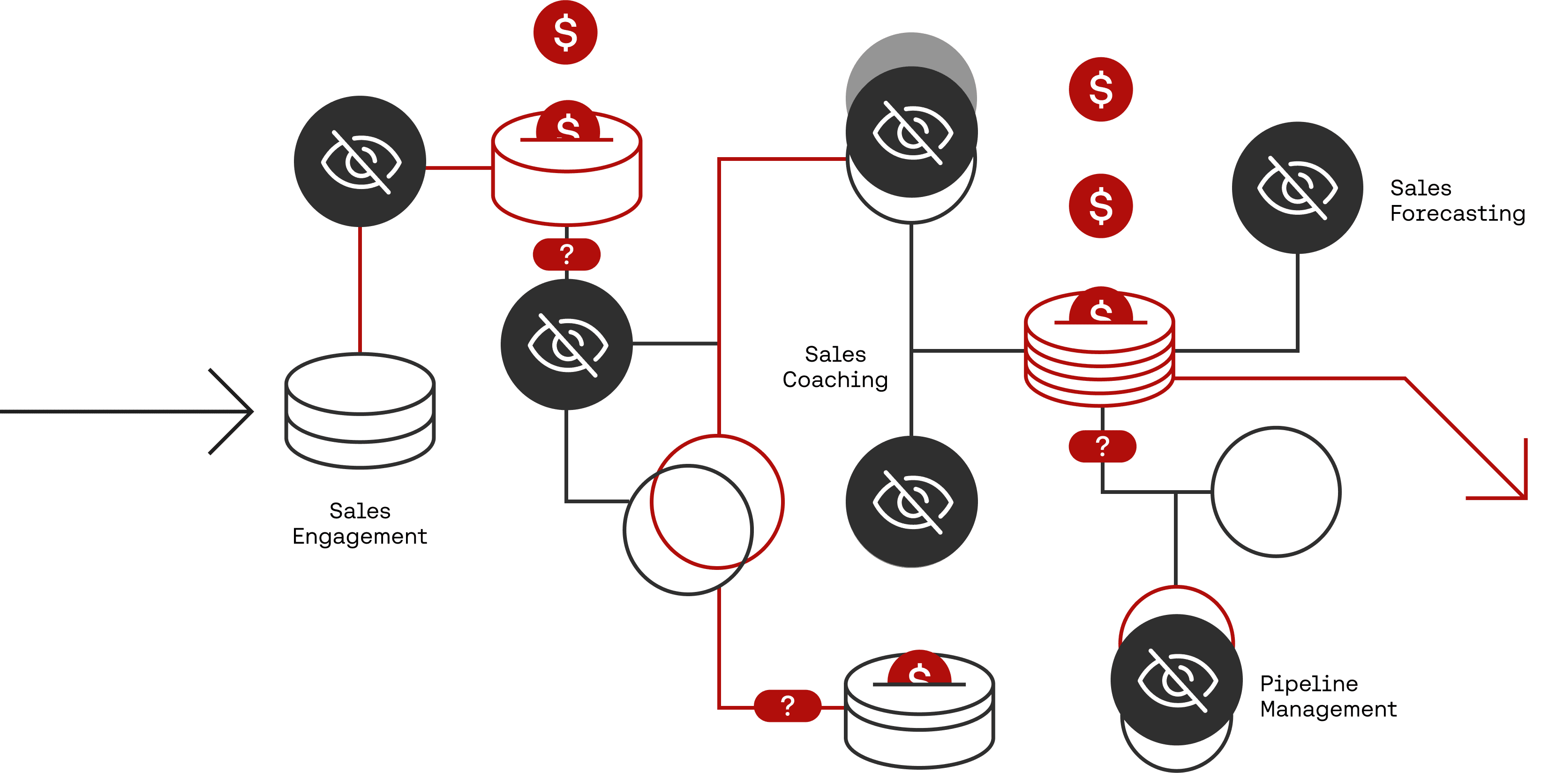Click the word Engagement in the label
pyautogui.click(x=360, y=537)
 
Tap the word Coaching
pyautogui.click(x=835, y=379)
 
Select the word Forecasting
pyautogui.click(x=1457, y=214)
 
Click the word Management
pyautogui.click(x=1328, y=709)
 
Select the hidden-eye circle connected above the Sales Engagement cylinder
pyautogui.click(x=360, y=161)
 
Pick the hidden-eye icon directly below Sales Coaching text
pyautogui.click(x=911, y=501)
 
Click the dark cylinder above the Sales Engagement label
pyautogui.click(x=360, y=410)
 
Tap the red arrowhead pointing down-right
pyautogui.click(x=1510, y=484)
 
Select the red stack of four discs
pyautogui.click(x=1099, y=356)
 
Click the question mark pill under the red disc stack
pyautogui.click(x=1102, y=446)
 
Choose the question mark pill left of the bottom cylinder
pyautogui.click(x=788, y=705)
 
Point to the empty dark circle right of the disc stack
pyautogui.click(x=1276, y=492)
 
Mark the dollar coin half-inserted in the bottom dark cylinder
pyautogui.click(x=919, y=668)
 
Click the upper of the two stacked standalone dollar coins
pyautogui.click(x=1101, y=90)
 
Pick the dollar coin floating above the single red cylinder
pyautogui.click(x=565, y=33)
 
